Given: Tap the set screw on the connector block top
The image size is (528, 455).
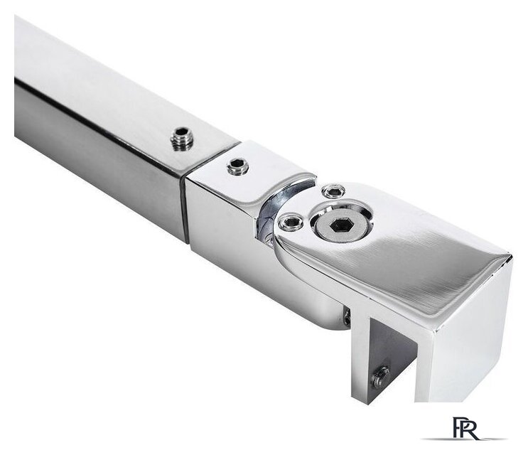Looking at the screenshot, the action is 238,166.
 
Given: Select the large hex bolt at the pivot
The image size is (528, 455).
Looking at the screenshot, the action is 340,225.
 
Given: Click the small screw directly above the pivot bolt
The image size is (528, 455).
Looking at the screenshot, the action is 333,192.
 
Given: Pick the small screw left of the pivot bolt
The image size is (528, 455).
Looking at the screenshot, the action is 290,222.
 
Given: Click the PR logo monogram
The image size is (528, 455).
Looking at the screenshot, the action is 465,428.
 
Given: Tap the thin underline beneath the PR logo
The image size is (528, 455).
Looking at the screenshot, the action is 464,439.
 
